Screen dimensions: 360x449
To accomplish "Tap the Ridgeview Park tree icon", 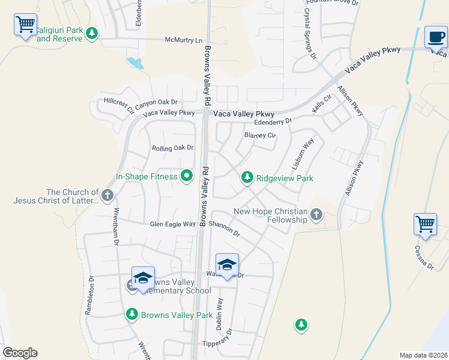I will pos(246,178).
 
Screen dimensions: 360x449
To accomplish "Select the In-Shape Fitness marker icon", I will pos(187,176).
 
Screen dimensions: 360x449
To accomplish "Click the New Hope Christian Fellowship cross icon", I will pos(316,215).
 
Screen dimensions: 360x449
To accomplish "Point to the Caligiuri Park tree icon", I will pos(92,34).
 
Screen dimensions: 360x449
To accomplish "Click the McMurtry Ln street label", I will pos(184,40).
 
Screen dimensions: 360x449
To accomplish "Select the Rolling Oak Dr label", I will pos(173,148).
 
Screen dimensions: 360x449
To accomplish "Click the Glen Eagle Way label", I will pos(173,224).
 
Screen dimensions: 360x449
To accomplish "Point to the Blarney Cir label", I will pos(260,136).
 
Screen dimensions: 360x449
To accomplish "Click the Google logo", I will pos(20,353).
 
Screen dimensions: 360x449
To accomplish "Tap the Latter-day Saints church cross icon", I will pos(107,195).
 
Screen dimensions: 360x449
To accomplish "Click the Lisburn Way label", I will pos(303,154).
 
